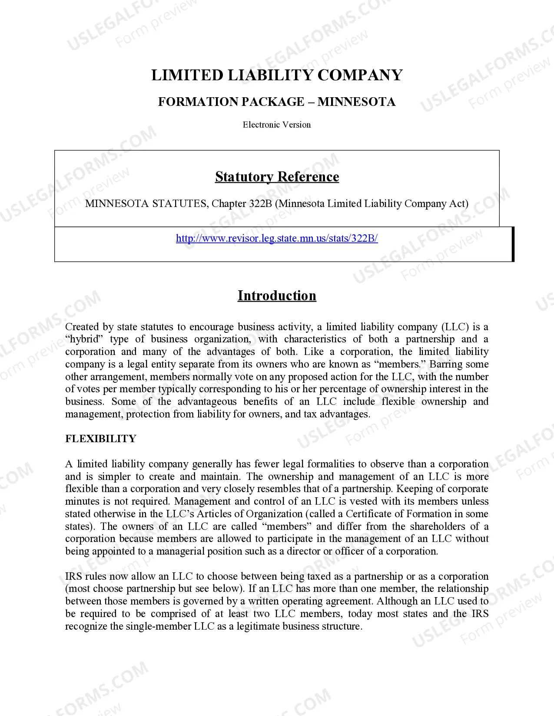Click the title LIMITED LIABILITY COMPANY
277,75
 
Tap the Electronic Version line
277,125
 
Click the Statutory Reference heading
277,177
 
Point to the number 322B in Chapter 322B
260,204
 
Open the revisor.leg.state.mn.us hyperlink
277,238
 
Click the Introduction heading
277,296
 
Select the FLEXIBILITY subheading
101,439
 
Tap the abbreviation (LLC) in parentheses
455,327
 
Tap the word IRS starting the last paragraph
73,576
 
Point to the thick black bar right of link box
513,244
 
